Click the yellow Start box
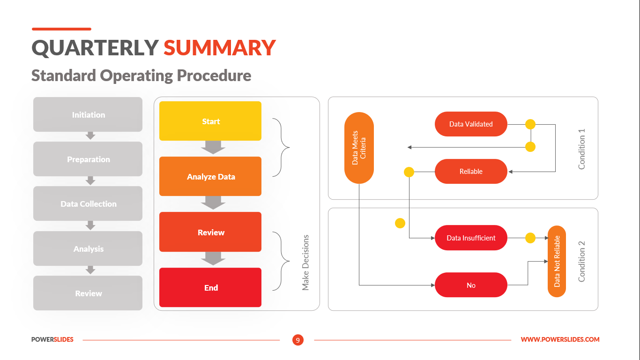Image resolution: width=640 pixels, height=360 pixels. tap(210, 121)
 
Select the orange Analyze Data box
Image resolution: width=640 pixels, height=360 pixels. tap(210, 176)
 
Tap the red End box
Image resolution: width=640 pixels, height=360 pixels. tap(210, 287)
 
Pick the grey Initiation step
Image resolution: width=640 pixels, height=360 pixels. tap(88, 114)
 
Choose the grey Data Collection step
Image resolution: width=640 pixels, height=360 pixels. tap(88, 203)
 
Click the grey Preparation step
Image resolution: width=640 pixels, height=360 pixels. tap(88, 159)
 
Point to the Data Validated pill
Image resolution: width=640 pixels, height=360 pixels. tap(471, 124)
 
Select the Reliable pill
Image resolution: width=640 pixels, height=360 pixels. tap(471, 172)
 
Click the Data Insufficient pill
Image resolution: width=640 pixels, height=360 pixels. tap(471, 238)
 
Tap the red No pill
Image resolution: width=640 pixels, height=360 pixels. tap(471, 285)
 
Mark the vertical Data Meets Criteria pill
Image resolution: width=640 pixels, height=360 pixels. tap(359, 148)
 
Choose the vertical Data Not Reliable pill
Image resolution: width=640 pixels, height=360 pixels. tap(557, 261)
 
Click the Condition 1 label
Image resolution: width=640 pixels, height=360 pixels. tap(582, 149)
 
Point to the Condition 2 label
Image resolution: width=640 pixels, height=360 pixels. tap(582, 261)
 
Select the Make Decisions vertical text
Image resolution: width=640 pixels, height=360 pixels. tap(305, 262)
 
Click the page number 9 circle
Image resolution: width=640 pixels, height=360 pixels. tap(298, 340)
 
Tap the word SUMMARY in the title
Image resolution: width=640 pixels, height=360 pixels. tap(219, 48)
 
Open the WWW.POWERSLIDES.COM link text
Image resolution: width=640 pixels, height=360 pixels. tap(560, 339)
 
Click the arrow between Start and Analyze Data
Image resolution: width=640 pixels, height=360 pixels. tap(213, 148)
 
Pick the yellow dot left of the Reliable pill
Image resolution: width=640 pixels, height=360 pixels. tap(409, 172)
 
